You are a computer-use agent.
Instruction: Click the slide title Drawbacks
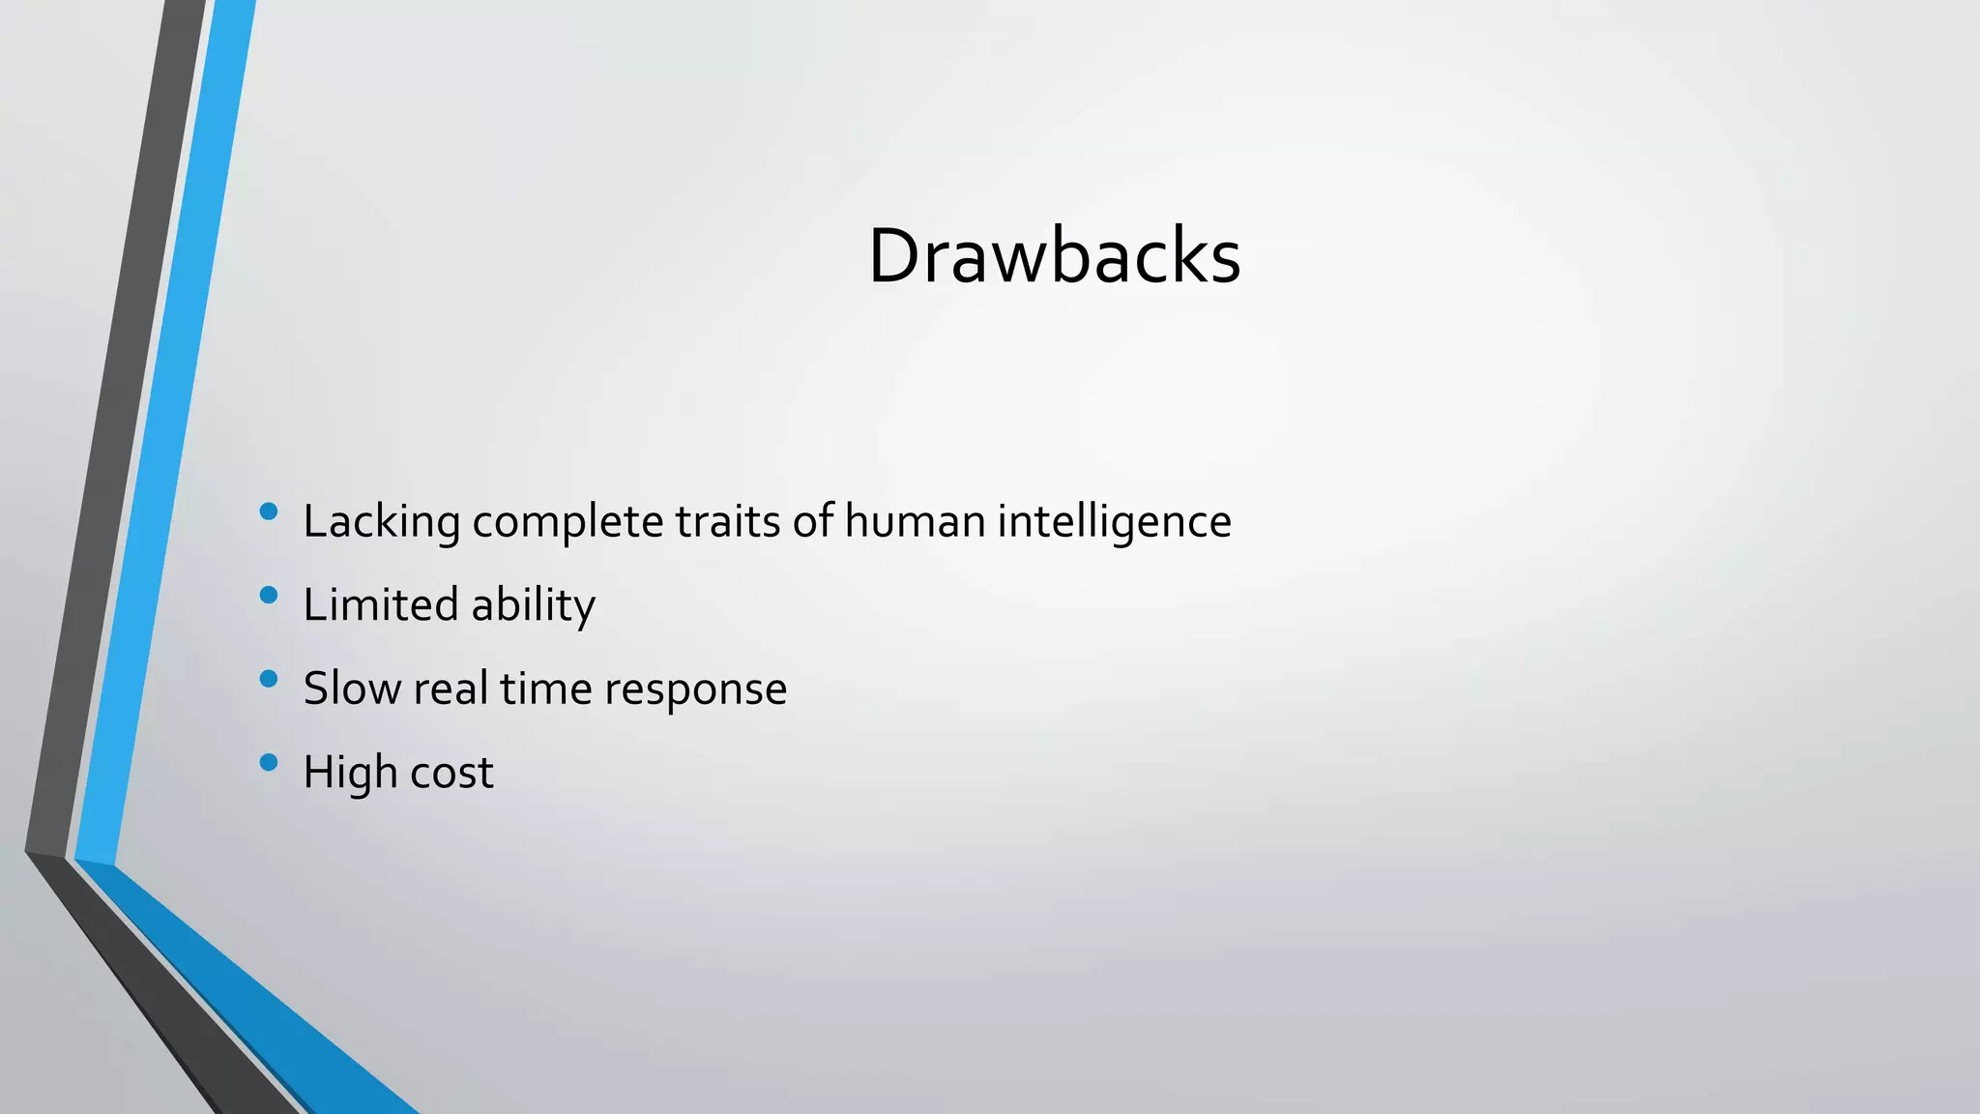(1054, 256)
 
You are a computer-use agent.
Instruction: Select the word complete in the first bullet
(568, 522)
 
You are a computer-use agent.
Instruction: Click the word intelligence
(1114, 522)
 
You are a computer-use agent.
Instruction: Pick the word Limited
(381, 605)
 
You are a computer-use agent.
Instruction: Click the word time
(545, 689)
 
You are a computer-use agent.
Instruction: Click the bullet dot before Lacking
(269, 512)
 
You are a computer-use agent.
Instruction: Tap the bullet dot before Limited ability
(269, 595)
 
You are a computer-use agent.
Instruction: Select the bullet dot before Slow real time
(269, 679)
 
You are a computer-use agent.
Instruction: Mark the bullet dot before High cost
(269, 763)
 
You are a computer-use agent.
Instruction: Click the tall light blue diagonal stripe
(164, 435)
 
